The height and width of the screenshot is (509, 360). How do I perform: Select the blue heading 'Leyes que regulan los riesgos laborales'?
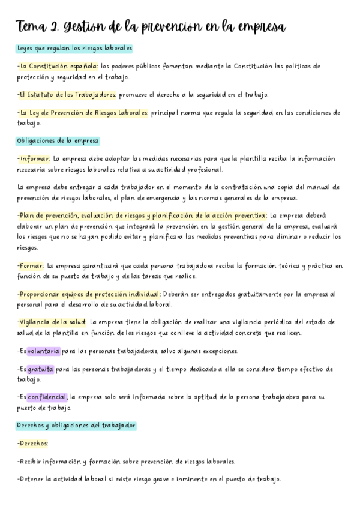coord(74,48)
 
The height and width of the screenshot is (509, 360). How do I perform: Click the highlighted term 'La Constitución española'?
coord(58,66)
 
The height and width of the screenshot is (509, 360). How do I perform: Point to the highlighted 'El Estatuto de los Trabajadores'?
coord(67,95)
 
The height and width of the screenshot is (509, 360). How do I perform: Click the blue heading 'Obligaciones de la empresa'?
coord(58,141)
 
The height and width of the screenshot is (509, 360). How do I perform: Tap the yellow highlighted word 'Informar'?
coord(35,158)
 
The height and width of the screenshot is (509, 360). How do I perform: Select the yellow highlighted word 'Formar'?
coord(31,265)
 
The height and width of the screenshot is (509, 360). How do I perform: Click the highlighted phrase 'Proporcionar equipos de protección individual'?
coord(89,294)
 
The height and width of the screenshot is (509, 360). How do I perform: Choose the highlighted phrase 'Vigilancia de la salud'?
coord(52,322)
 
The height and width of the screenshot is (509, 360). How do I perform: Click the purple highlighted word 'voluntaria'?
coord(43,351)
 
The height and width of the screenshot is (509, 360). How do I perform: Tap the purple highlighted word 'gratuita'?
coord(40,369)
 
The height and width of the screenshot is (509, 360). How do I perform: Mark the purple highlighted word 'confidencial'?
coord(47,397)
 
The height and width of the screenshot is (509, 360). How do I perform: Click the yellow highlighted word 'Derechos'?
coord(33,444)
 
